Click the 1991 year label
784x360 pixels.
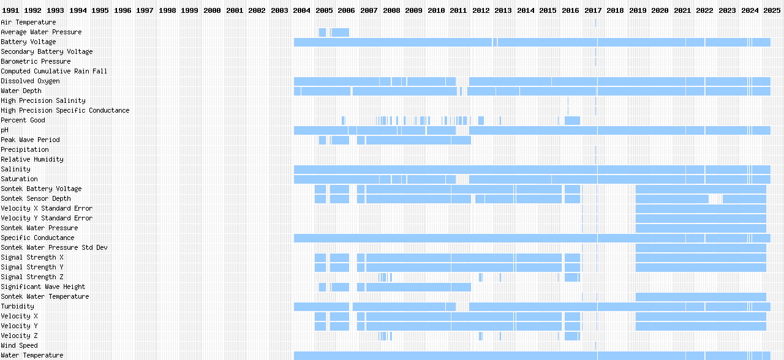point(11,10)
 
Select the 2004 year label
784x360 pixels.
point(301,10)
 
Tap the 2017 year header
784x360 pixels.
point(593,10)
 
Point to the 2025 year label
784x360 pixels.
point(771,10)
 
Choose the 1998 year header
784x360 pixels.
point(167,10)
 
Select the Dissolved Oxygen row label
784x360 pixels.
point(30,81)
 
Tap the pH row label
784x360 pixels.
point(4,130)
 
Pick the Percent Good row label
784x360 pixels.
point(23,120)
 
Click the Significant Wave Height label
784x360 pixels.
point(43,287)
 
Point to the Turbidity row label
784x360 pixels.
point(17,306)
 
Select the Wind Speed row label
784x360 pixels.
point(19,345)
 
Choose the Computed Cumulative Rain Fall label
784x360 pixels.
point(54,71)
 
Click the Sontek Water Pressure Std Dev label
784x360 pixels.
point(54,247)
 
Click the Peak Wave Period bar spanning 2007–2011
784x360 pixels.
point(418,140)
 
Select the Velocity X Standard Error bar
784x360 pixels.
point(701,208)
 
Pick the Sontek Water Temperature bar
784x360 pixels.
point(701,296)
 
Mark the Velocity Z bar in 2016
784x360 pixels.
point(572,336)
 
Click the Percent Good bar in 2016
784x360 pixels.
point(572,120)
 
